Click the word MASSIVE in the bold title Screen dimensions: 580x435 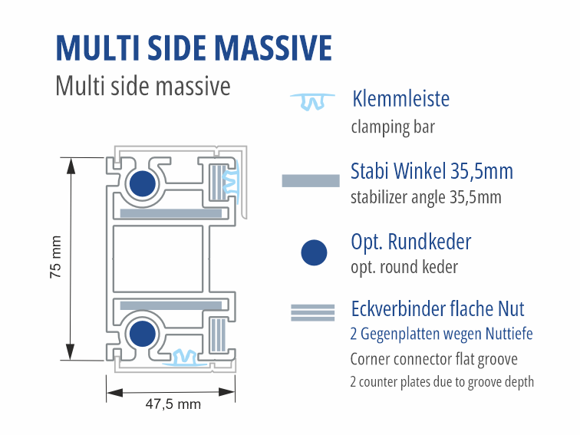pyautogui.click(x=273, y=48)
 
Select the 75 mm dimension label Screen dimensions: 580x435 pyautogui.click(x=55, y=257)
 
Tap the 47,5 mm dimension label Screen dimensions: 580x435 pyautogui.click(x=173, y=404)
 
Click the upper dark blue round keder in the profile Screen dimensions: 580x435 pyautogui.click(x=143, y=183)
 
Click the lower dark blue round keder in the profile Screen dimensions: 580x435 pyautogui.click(x=143, y=334)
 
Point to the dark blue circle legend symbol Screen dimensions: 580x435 pyautogui.click(x=314, y=252)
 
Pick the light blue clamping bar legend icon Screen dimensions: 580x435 pyautogui.click(x=312, y=102)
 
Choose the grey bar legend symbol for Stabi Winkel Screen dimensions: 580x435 pyautogui.click(x=311, y=181)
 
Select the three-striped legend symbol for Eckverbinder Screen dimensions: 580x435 pyautogui.click(x=312, y=313)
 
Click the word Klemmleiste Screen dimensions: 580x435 pyautogui.click(x=401, y=99)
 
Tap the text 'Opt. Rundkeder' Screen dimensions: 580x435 pyautogui.click(x=411, y=242)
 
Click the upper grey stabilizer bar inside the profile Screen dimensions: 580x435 pyautogui.click(x=171, y=213)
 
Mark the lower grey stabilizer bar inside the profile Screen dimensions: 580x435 pyautogui.click(x=171, y=305)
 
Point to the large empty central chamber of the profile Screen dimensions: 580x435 pyautogui.click(x=158, y=259)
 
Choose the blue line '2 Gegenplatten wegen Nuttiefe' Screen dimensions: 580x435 pyautogui.click(x=441, y=334)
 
